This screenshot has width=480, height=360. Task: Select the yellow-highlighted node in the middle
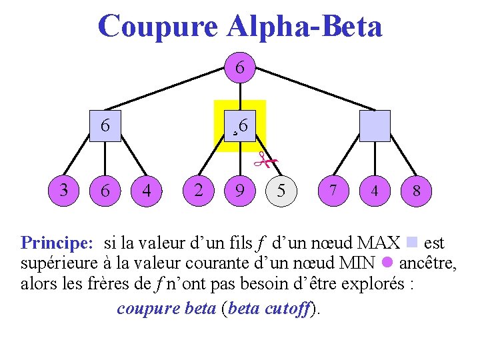(240, 125)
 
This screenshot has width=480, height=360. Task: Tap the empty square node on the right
(374, 125)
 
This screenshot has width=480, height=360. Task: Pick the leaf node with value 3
(64, 190)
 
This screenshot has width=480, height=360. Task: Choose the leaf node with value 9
(239, 191)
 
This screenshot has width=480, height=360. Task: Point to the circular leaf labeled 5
(281, 191)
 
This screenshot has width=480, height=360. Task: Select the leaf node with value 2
(198, 190)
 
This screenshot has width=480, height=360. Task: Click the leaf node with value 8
(416, 191)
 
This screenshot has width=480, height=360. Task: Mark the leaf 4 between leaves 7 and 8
(374, 191)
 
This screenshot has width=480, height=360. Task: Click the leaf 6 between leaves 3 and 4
(105, 191)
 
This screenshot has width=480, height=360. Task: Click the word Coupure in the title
(157, 27)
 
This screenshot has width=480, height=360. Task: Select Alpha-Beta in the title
(305, 27)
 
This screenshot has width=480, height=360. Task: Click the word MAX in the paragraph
(379, 243)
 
